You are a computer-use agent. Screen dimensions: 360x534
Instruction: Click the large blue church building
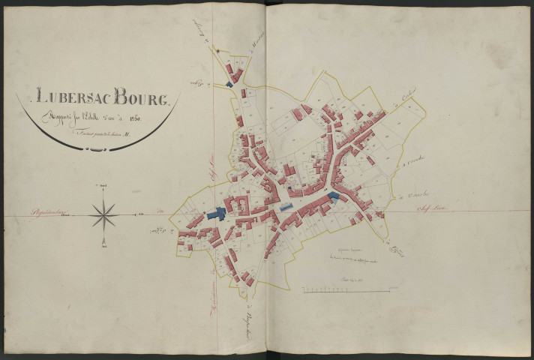[218, 213]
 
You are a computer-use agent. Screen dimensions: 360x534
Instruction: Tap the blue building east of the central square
[332, 197]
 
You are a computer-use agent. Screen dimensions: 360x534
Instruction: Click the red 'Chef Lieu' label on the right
[430, 206]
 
